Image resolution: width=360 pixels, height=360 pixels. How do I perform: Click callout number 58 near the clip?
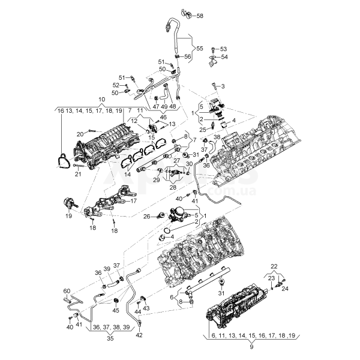[200, 15]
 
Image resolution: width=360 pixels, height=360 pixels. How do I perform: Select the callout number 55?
[200, 47]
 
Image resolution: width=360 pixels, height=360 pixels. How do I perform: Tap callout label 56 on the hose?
[187, 56]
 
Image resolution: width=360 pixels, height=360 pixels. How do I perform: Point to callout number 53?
[224, 49]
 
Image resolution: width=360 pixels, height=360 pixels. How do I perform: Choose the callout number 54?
[224, 57]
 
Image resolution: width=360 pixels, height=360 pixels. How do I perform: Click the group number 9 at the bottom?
[251, 346]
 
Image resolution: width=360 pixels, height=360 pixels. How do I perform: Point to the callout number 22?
[274, 266]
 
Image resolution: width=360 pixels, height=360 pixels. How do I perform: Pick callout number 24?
[284, 289]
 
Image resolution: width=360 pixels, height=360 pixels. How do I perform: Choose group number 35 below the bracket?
[110, 337]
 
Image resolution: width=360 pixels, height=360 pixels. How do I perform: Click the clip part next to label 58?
[186, 13]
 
